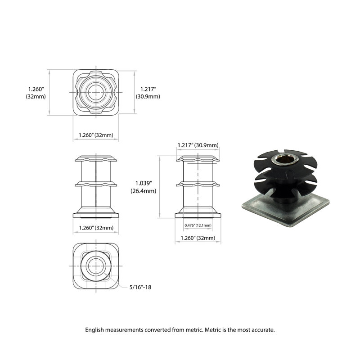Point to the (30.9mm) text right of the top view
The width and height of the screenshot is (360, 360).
pos(148,97)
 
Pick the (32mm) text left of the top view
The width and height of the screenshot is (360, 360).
pos(35,97)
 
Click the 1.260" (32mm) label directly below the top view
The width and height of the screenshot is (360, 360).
pos(96,135)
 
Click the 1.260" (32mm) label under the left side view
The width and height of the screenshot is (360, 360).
pos(96,228)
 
